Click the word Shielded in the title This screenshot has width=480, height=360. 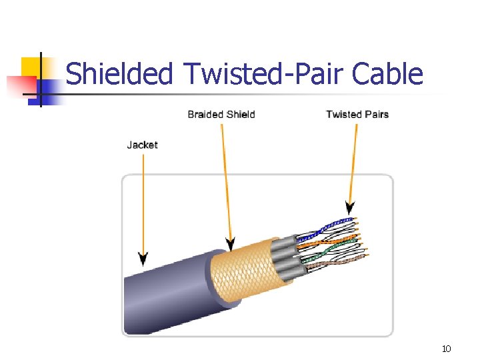(x=119, y=73)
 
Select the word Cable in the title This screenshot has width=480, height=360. (x=387, y=73)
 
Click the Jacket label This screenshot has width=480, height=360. (x=142, y=145)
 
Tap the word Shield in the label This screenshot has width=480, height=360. (x=240, y=114)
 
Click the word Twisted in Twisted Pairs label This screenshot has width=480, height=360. (x=343, y=114)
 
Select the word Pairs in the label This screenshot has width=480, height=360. (x=375, y=114)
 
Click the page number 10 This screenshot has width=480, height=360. (x=447, y=349)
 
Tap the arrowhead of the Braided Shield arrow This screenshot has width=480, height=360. (x=231, y=244)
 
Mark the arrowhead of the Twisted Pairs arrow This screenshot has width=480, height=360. (x=350, y=207)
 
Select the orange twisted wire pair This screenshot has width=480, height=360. (x=333, y=239)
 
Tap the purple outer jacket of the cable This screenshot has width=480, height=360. (x=167, y=293)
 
